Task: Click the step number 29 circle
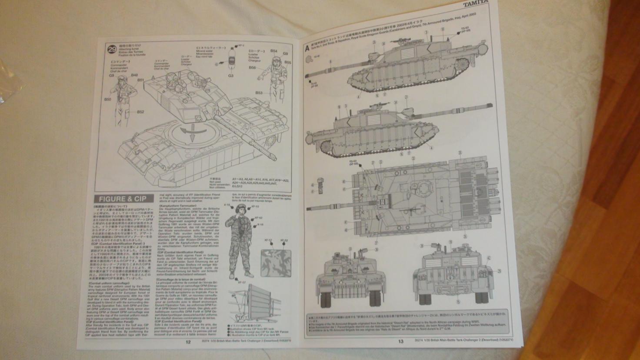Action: click(112, 49)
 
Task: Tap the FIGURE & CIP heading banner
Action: click(123, 199)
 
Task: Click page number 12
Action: click(188, 341)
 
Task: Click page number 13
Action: click(401, 341)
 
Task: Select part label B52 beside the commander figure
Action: click(140, 112)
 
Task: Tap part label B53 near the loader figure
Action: click(259, 93)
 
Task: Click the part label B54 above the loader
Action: click(274, 51)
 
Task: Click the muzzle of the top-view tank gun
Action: click(309, 207)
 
